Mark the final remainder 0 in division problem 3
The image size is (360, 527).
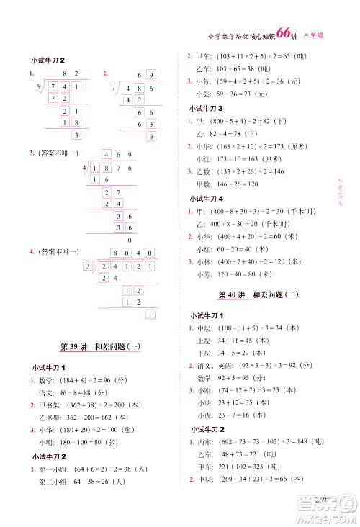[129, 240]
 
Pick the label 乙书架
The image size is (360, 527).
[50, 418]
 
